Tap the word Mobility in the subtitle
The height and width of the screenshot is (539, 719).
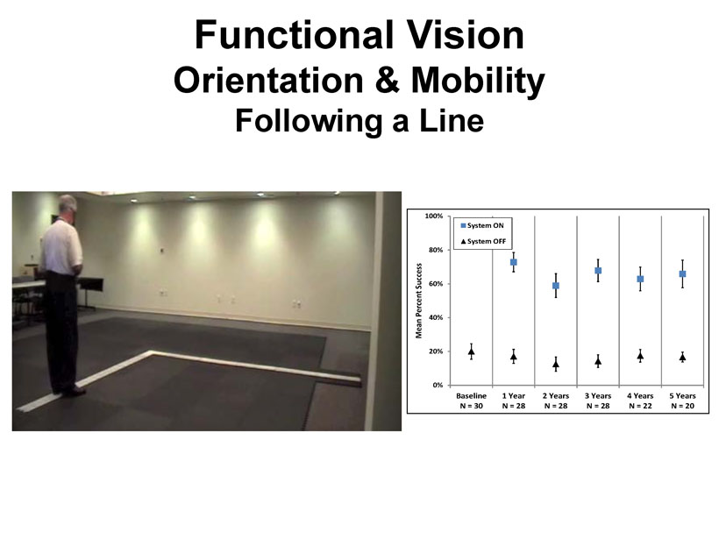[x=478, y=81]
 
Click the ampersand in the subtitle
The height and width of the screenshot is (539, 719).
[x=387, y=81]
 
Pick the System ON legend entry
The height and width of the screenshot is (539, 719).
[x=482, y=225]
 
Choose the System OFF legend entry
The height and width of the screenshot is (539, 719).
[x=483, y=241]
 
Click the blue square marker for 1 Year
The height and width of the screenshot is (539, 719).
[x=514, y=262]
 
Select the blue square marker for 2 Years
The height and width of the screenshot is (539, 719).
[x=556, y=286]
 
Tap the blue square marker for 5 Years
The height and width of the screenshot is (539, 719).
[x=682, y=273]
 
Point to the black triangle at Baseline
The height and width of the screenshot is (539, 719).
[x=472, y=351]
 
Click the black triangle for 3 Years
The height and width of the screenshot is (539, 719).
[x=598, y=361]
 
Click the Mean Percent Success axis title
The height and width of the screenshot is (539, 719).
[x=418, y=301]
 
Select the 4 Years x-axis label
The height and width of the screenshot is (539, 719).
[x=640, y=395]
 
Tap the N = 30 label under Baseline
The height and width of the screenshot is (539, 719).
[x=472, y=406]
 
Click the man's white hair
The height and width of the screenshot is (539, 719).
[x=68, y=202]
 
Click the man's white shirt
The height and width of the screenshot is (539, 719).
[x=61, y=247]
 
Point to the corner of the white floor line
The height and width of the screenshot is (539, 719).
[x=152, y=352]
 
